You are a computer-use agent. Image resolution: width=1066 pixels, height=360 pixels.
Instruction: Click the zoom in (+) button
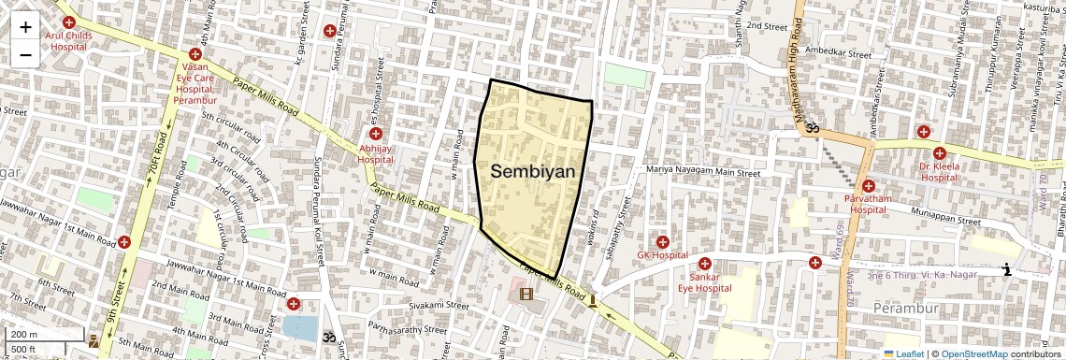pos(25,27)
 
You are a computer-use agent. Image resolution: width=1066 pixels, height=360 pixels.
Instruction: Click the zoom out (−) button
pos(25,54)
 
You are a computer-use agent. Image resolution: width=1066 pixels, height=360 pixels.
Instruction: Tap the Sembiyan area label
pos(532,172)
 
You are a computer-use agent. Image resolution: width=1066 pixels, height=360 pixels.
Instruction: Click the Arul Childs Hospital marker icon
pos(68,22)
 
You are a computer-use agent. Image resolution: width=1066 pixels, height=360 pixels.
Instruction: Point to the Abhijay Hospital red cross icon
pos(376,134)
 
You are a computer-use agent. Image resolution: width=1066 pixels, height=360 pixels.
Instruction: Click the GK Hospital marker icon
pos(662,242)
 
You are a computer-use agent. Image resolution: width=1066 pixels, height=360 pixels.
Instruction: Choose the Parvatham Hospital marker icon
pos(868,186)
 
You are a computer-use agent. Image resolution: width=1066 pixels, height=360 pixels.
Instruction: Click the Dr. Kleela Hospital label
pos(939,171)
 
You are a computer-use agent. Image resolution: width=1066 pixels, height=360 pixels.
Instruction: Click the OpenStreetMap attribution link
pos(973,353)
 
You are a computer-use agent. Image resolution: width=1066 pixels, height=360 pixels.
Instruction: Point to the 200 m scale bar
pos(45,335)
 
